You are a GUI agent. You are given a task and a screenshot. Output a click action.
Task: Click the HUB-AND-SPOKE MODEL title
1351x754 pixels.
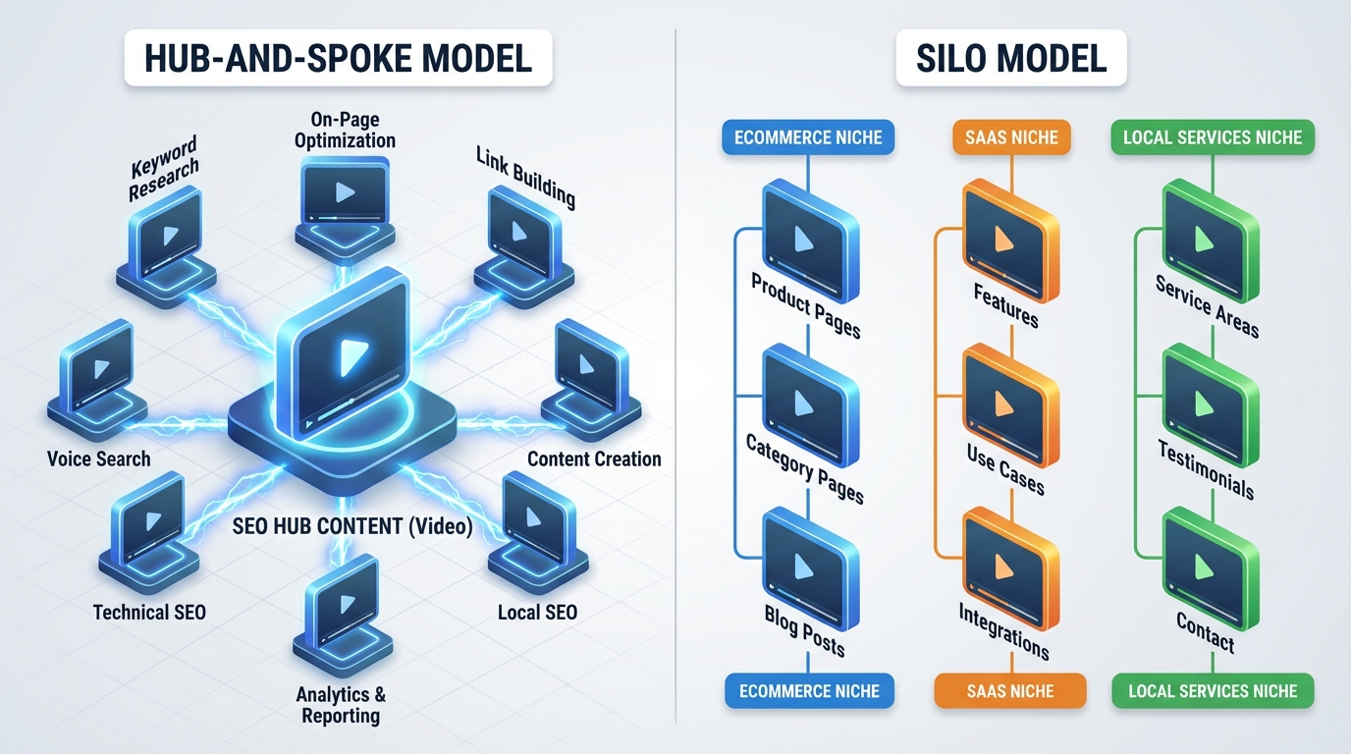(x=338, y=58)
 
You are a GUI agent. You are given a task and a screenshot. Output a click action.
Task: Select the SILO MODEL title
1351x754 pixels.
(x=1011, y=58)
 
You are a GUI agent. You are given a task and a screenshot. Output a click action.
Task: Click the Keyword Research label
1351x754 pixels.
(x=163, y=168)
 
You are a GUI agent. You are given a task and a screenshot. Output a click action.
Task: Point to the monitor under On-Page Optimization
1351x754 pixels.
(x=345, y=196)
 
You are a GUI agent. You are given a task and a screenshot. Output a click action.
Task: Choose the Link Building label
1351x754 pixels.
(x=525, y=177)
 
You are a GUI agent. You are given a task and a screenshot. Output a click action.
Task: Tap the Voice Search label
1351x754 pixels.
(x=99, y=458)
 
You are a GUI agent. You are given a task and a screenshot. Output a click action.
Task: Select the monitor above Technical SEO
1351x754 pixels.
(x=148, y=521)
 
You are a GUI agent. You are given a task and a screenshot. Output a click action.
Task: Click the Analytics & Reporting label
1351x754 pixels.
(x=340, y=705)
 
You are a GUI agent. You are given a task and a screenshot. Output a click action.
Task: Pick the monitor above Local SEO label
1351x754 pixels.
(x=537, y=521)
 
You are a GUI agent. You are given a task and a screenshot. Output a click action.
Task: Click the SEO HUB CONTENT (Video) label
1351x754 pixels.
(x=352, y=527)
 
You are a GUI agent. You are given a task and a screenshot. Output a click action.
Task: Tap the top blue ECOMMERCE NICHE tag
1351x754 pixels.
(x=808, y=137)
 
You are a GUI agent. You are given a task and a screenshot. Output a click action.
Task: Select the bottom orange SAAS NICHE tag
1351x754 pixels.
(x=1010, y=691)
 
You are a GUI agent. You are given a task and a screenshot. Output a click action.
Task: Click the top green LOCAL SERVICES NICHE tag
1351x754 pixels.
(x=1213, y=137)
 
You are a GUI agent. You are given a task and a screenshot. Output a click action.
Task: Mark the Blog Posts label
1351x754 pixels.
(x=804, y=629)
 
